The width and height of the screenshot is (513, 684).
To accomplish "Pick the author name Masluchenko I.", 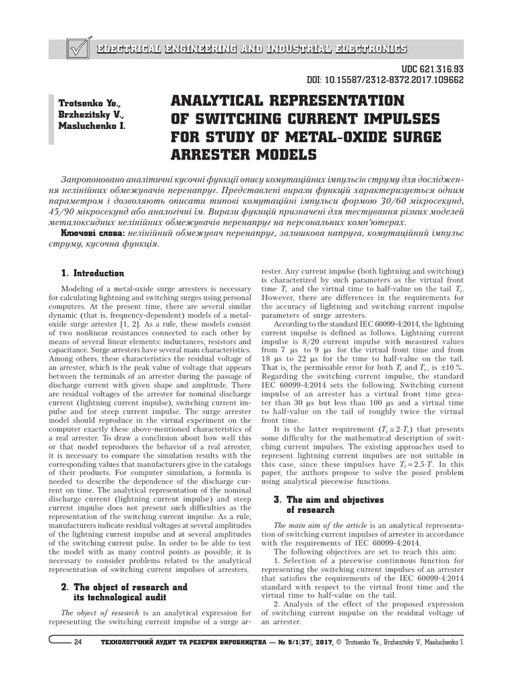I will (x=92, y=125).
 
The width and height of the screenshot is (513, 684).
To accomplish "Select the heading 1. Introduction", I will (x=92, y=273).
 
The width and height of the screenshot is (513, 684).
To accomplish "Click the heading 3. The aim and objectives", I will (x=328, y=499).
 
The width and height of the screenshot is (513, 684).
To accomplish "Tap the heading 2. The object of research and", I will (x=124, y=587).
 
